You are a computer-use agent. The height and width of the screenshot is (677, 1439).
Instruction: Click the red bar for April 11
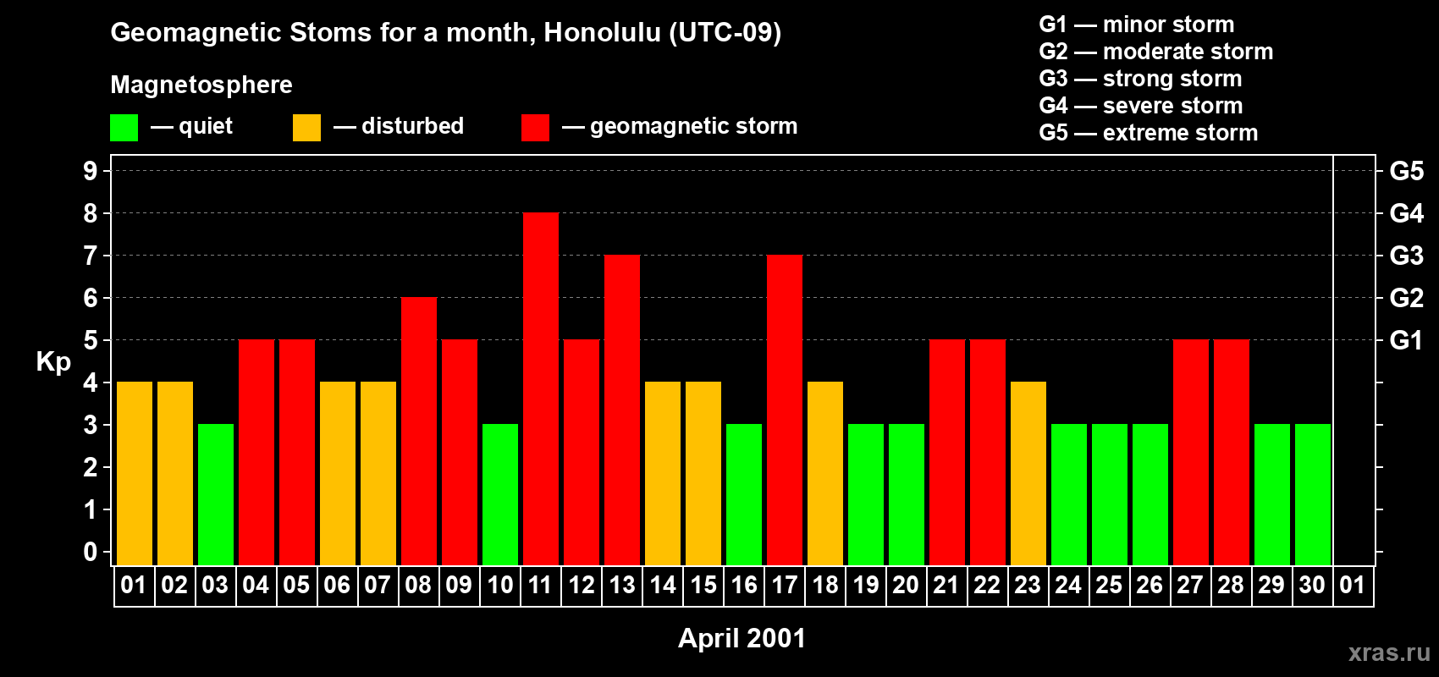541,389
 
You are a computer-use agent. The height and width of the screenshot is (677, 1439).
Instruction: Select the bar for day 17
785,410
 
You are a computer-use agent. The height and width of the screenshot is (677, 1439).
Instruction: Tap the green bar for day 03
216,495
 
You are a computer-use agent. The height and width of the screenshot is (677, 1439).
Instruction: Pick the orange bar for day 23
1028,474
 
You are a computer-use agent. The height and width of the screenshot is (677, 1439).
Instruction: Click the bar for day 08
419,432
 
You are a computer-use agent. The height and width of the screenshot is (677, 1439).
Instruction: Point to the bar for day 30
1313,495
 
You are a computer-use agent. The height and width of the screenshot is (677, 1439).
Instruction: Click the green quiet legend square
124,128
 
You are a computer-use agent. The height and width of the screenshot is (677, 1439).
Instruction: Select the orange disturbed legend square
306,128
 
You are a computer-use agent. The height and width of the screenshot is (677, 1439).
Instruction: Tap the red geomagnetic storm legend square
535,128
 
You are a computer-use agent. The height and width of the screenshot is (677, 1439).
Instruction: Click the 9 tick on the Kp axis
91,171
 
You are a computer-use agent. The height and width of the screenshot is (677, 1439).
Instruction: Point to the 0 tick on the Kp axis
91,553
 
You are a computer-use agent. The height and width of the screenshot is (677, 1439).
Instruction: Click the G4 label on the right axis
1406,213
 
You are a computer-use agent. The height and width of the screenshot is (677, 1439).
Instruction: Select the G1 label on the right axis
1406,340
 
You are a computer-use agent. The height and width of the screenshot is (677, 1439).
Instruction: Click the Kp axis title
53,362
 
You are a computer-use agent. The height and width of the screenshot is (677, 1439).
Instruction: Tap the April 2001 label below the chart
742,638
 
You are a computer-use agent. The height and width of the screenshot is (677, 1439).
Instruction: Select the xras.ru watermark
1389,652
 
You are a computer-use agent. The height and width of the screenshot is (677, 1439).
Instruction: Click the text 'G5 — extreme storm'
1148,133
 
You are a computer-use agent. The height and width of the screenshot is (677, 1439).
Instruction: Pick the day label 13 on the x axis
622,586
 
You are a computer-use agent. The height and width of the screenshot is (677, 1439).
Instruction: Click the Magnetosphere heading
201,85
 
